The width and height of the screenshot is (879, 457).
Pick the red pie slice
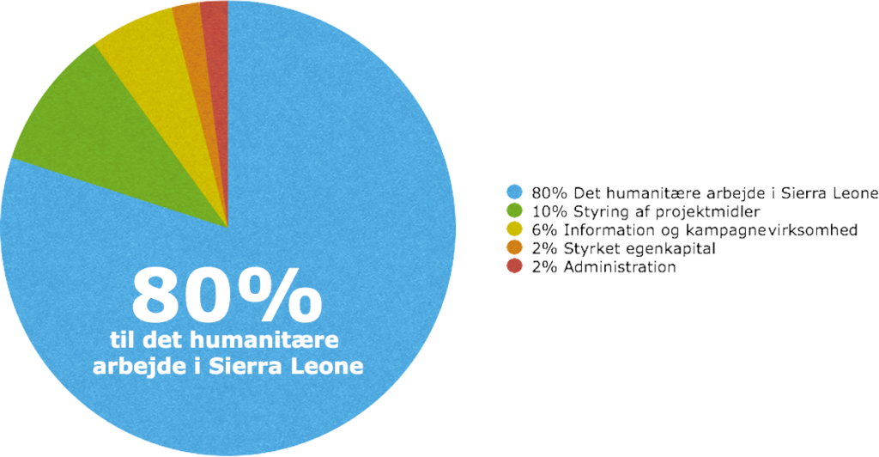tap(217, 56)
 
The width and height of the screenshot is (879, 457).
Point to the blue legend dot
tap(515, 192)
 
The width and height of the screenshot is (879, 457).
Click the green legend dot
tap(515, 210)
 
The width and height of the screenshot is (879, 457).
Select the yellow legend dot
tap(515, 229)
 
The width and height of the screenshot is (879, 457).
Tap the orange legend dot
tap(515, 248)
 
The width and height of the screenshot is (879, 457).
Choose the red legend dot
tap(515, 266)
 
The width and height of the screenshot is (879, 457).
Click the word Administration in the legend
tap(620, 266)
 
